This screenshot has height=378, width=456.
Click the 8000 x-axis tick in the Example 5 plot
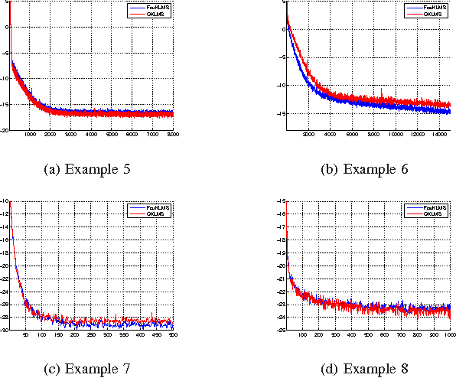[x=172, y=135]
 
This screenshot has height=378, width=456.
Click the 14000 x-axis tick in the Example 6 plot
[x=440, y=135]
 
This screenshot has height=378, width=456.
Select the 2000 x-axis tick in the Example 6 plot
[x=309, y=135]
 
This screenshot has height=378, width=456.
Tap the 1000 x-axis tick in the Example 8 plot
[x=448, y=335]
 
